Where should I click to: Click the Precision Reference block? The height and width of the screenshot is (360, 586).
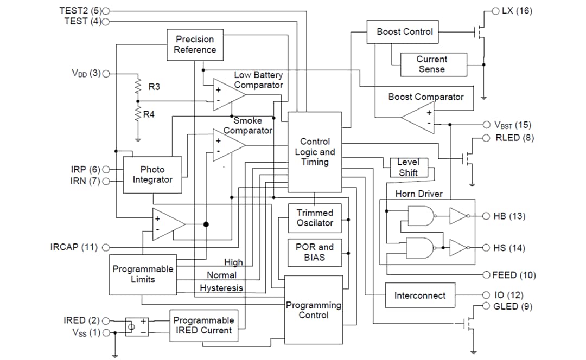[194, 44]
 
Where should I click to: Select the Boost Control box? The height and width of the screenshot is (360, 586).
[405, 32]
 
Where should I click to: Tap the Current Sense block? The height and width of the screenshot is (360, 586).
[432, 65]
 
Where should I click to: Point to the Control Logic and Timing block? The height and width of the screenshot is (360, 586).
[315, 152]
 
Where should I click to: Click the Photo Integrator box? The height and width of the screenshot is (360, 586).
[152, 175]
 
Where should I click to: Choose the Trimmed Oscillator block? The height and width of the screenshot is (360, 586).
[315, 218]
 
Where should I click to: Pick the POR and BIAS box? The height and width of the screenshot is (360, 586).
[315, 252]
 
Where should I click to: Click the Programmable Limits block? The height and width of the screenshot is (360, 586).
[143, 274]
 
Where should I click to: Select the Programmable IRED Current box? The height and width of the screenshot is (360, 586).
[203, 325]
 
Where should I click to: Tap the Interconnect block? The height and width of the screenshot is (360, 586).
[420, 295]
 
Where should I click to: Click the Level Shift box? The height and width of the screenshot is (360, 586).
[409, 168]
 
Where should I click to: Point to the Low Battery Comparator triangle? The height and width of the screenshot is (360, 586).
[228, 94]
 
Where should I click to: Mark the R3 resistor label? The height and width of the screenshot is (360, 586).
[154, 87]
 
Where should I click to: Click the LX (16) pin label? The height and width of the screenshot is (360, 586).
[517, 10]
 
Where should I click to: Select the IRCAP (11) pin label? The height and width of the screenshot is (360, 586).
[74, 247]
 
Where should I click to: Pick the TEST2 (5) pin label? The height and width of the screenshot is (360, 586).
[79, 10]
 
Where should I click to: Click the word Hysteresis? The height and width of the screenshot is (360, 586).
[221, 288]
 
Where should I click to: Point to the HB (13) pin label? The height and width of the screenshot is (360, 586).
[509, 216]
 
